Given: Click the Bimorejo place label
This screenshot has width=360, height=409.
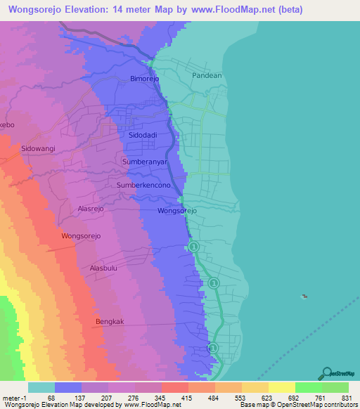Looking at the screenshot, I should click(146, 79).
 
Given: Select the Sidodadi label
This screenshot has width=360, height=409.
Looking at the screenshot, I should click(143, 134).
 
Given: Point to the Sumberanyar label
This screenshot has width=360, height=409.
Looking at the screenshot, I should click(143, 162).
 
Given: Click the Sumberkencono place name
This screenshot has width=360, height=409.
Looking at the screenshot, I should click(144, 185).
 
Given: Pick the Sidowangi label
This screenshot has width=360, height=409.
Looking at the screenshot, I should click(38, 149).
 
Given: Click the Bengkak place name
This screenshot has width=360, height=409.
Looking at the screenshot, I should click(109, 321).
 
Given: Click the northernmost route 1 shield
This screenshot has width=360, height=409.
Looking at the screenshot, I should click(194, 247).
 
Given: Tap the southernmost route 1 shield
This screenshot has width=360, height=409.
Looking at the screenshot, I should click(213, 348).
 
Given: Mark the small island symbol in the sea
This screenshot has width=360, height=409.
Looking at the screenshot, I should click(304, 296).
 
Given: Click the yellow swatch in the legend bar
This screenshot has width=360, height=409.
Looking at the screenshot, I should click(281, 387).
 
